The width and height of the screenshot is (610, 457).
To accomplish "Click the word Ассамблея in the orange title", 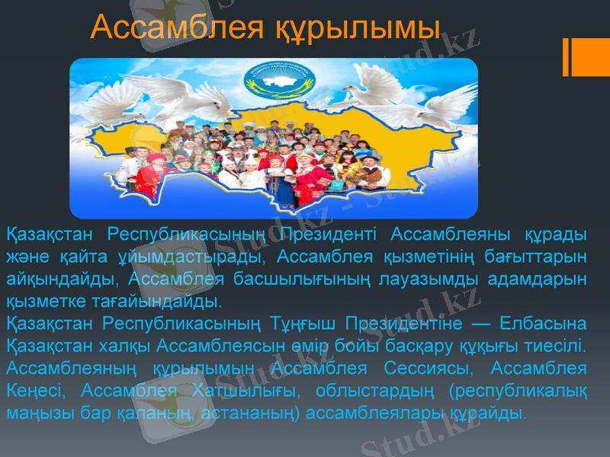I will [x=178, y=28].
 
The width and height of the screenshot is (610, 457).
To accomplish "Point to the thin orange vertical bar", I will [x=567, y=57].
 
